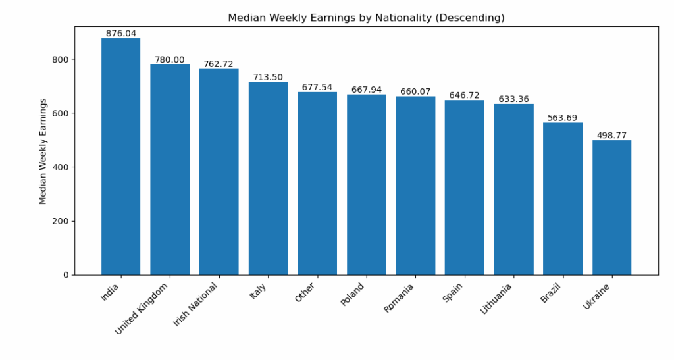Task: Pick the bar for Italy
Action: (268, 178)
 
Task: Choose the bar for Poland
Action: (366, 184)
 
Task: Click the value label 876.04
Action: (120, 34)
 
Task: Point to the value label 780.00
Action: (170, 60)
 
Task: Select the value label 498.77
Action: (611, 136)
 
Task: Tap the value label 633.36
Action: (513, 99)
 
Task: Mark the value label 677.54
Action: (317, 88)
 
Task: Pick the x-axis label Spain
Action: (453, 293)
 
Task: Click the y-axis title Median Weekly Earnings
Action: (43, 151)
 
